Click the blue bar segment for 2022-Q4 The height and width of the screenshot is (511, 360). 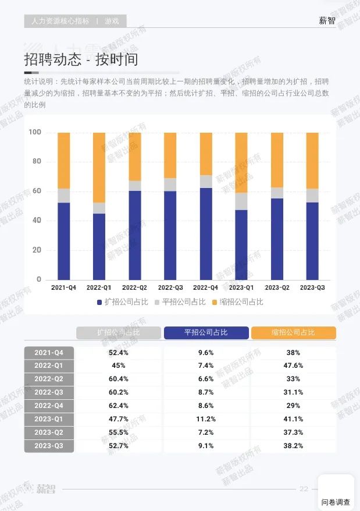206,234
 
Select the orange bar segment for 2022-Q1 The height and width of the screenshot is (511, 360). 99,167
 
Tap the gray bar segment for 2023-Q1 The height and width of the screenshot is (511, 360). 241,201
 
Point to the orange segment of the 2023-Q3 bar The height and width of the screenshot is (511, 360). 312,160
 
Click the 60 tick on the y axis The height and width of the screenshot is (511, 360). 35,191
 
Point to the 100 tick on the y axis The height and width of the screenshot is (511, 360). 35,132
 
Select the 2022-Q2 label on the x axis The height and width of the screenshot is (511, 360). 134,288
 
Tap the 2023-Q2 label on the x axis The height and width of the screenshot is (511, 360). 277,288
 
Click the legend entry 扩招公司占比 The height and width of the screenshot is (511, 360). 122,301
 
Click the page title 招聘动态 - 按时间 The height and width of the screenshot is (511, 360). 81,59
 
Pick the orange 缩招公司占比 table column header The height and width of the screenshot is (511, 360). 293,332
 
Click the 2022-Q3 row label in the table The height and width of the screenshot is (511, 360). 49,392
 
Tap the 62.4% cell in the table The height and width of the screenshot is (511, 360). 119,405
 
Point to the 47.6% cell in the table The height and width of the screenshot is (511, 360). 293,365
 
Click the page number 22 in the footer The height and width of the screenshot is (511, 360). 304,489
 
